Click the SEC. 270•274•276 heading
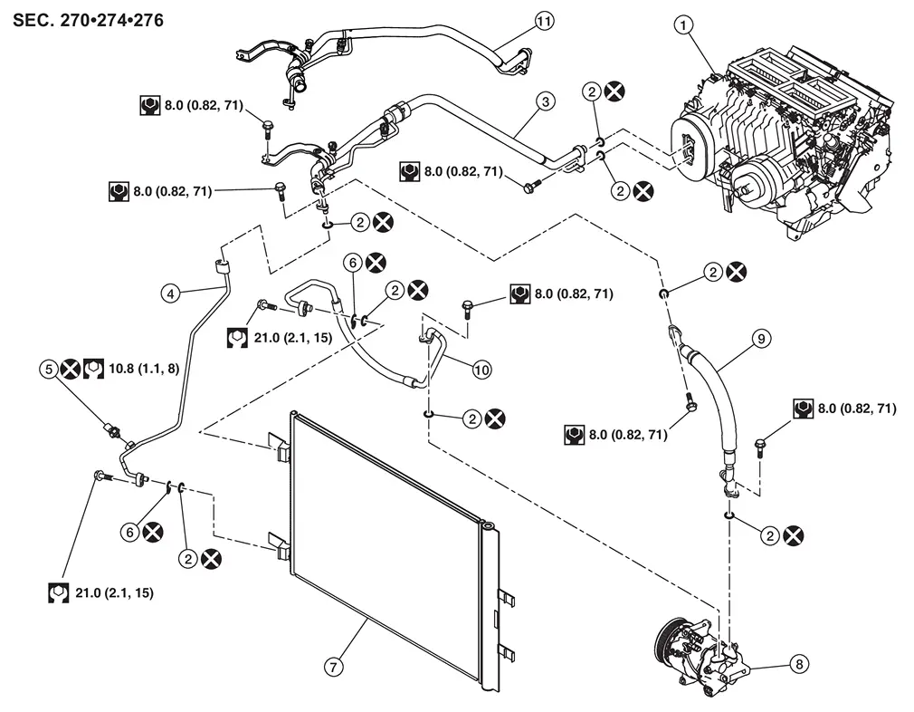pos(89,19)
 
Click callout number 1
pos(685,26)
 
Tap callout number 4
pos(168,292)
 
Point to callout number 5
pos(46,369)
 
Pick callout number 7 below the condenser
pos(333,666)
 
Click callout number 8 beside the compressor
pos(797,664)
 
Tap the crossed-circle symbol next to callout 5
pos(70,369)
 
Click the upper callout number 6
pos(353,262)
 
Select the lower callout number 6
pos(132,533)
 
